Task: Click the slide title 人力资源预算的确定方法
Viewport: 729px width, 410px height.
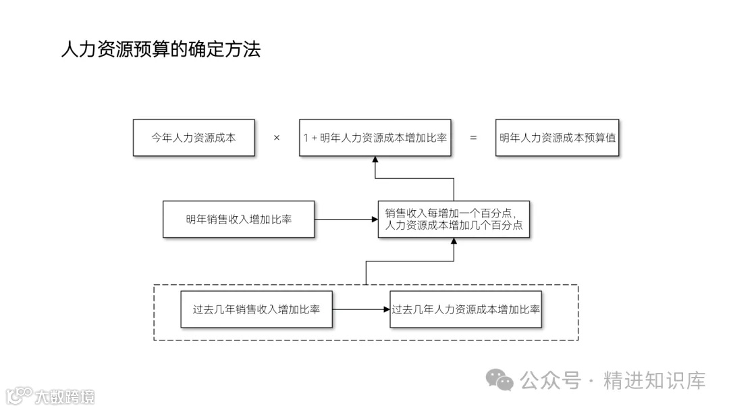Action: coord(160,49)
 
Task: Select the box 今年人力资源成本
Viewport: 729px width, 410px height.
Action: coord(194,137)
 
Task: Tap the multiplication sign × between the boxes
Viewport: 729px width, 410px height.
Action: coord(277,138)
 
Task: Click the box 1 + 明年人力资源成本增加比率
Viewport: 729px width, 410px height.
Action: coord(375,137)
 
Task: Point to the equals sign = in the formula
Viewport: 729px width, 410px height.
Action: coord(473,138)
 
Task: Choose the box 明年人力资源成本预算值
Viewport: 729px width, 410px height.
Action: coord(557,137)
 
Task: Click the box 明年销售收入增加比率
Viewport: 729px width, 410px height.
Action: coord(238,219)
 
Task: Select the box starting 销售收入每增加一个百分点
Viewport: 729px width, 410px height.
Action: coord(454,219)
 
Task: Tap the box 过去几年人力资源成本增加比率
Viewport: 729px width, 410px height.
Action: coord(467,309)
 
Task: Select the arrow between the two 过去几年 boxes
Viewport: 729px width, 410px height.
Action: coord(360,309)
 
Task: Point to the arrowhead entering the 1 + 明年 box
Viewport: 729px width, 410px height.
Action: coord(375,161)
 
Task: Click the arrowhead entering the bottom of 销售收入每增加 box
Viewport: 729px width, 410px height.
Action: coord(454,242)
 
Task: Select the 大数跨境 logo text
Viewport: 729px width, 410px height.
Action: coord(65,396)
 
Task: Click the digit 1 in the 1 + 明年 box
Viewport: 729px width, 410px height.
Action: coord(306,138)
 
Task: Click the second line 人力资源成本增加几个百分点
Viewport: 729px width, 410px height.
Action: coord(454,226)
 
